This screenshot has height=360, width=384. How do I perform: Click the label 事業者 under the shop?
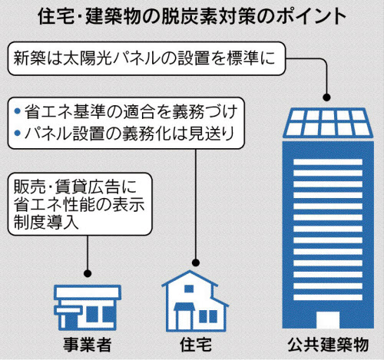(x=88, y=345)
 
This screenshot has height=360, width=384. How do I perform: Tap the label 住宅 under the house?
(x=196, y=345)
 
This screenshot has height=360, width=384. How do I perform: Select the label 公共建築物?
(x=328, y=345)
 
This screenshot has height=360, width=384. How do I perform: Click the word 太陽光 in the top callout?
(x=88, y=58)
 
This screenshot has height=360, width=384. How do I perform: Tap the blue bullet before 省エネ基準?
(x=18, y=111)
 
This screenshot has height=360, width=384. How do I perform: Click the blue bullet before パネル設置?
(x=18, y=133)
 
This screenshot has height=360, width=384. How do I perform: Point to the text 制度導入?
(x=46, y=223)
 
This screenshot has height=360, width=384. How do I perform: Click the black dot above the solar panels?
(x=326, y=97)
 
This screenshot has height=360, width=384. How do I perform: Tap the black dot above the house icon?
(x=196, y=263)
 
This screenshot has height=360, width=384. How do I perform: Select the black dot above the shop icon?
(x=88, y=273)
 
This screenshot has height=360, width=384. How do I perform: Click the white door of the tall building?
(x=328, y=319)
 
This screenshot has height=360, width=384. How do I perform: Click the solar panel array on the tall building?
(x=328, y=123)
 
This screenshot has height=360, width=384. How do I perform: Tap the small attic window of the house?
(x=189, y=289)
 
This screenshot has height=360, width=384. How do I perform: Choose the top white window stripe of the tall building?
(x=328, y=162)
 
